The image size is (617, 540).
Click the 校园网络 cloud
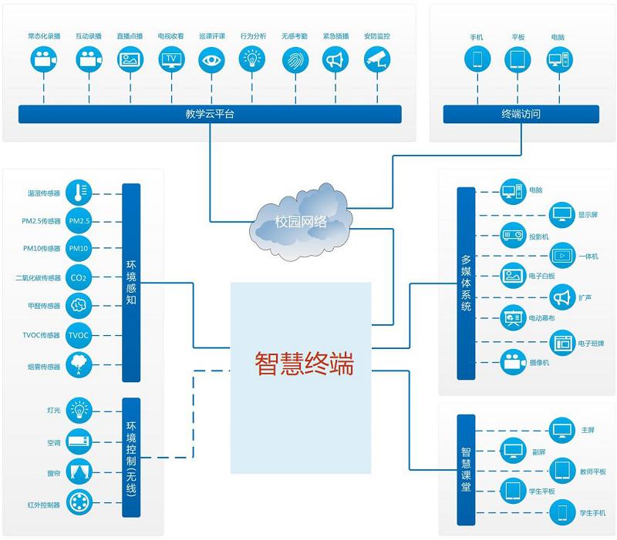point(301,221)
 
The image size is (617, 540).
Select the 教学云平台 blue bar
point(210,114)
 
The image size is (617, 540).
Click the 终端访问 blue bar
point(521,114)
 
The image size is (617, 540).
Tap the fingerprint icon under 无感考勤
point(294,59)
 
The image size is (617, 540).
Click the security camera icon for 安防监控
point(376,59)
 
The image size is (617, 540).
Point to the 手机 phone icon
point(476,59)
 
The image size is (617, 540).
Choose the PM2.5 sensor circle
point(79,221)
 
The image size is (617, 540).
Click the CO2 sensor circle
point(79,277)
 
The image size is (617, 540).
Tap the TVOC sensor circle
point(79,335)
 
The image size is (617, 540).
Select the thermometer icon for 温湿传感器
point(79,193)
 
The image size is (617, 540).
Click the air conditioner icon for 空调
point(79,442)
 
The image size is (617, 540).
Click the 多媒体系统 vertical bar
point(466,283)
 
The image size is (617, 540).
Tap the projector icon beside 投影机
point(513,236)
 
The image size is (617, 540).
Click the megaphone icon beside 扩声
point(561,296)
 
